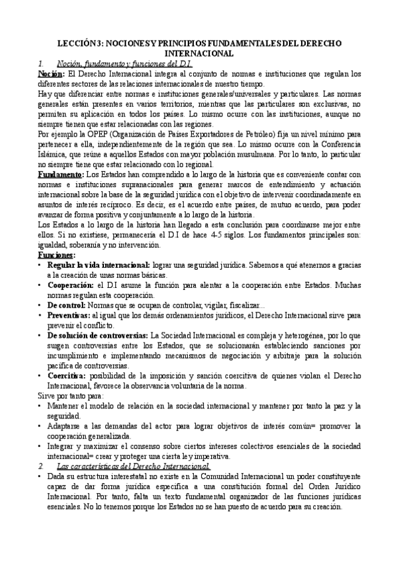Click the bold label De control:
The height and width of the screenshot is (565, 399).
click(x=71, y=305)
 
